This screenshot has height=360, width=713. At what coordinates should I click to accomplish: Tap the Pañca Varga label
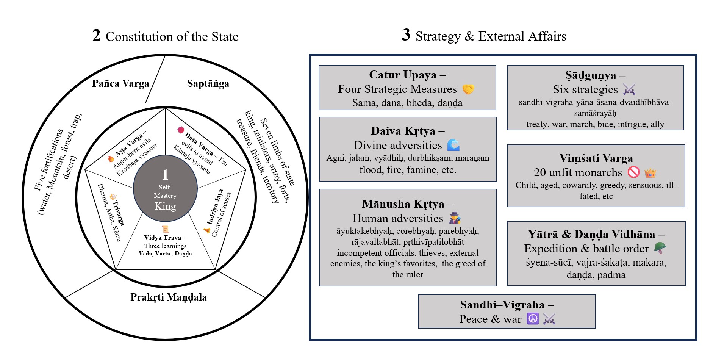(120, 83)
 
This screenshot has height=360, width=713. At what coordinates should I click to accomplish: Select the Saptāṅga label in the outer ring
(208, 83)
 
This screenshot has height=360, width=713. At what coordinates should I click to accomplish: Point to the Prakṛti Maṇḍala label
(169, 297)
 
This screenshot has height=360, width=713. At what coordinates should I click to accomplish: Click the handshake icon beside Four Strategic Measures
(468, 89)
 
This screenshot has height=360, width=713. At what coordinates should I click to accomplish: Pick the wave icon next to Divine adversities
(453, 145)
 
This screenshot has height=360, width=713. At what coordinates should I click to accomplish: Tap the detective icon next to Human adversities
(455, 218)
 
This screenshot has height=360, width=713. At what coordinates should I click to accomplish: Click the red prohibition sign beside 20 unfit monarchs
(633, 172)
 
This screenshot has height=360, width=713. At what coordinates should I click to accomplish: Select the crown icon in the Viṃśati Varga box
(650, 173)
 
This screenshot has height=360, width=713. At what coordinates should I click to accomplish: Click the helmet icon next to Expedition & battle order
(660, 248)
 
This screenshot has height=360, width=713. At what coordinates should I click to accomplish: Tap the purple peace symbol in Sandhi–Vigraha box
(533, 319)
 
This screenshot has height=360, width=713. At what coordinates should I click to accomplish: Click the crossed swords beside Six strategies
(629, 89)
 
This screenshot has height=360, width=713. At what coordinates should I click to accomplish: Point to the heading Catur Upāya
(403, 75)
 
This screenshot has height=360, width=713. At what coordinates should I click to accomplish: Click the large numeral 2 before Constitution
(96, 36)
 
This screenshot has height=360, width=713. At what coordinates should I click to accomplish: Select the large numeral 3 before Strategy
(406, 35)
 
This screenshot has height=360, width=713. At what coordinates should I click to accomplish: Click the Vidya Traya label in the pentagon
(163, 238)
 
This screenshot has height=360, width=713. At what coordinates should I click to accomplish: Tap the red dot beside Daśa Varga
(181, 130)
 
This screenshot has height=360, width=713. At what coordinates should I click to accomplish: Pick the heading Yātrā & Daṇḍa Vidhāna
(591, 234)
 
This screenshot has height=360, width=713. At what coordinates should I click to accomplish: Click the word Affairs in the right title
(547, 36)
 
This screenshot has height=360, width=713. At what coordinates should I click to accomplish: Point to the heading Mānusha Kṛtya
(403, 204)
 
